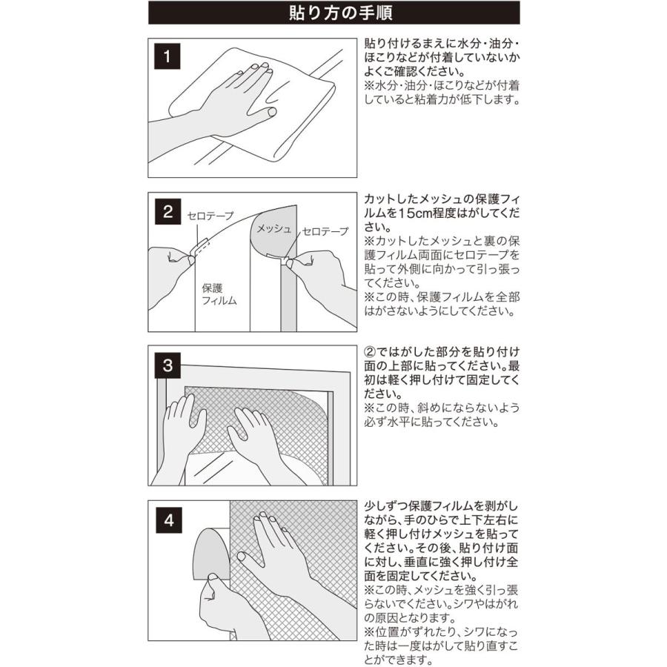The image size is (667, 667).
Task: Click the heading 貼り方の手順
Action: pos(340,13)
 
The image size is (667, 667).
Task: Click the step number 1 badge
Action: pos(167,56)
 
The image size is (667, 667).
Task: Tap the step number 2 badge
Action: pos(167,211)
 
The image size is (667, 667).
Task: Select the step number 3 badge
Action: pos(167,365)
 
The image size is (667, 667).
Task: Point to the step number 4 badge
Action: pos(169,520)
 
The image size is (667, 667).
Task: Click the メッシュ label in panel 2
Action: pos(273,229)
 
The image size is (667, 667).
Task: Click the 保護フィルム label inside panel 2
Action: pos(219,294)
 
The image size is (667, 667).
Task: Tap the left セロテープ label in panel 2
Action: pos(210,216)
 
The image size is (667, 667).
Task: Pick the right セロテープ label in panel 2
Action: pos(325,231)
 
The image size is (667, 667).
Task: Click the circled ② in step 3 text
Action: pos(370,352)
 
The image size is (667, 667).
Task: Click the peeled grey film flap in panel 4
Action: pos(212,554)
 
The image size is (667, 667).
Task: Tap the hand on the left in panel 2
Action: pos(170,276)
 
